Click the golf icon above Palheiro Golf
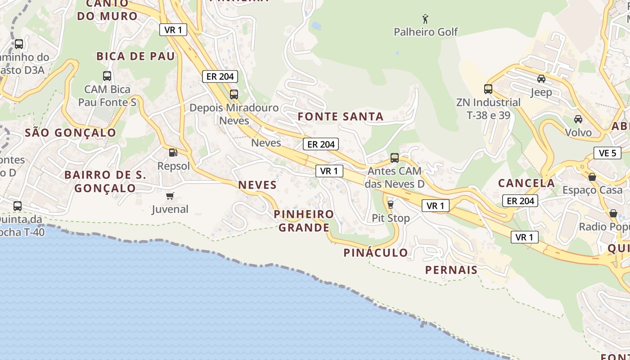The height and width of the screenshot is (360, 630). (x=425, y=19)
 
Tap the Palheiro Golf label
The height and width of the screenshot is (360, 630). (x=426, y=32)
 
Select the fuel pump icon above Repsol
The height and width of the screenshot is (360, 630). (x=173, y=153)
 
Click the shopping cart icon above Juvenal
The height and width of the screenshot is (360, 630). (x=170, y=196)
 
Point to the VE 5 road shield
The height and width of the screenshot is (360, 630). (x=607, y=153)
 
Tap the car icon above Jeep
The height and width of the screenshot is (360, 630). (x=541, y=79)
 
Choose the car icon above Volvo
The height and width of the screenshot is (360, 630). (x=578, y=119)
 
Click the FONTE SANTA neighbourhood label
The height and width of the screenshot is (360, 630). (x=341, y=117)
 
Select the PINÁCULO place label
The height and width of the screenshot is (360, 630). (x=376, y=253)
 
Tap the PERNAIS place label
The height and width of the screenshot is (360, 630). (x=451, y=270)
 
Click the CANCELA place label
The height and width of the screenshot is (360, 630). (x=526, y=183)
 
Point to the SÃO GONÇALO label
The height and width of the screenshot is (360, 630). (x=71, y=133)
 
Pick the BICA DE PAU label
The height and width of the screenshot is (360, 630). (x=135, y=56)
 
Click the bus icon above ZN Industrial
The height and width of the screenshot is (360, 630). (x=488, y=89)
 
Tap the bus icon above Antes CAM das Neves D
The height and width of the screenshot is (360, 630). (x=395, y=158)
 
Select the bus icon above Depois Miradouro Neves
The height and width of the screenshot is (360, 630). (x=234, y=94)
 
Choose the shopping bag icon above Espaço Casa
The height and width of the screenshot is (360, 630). (x=592, y=177)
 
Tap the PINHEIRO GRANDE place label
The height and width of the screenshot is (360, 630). (x=304, y=220)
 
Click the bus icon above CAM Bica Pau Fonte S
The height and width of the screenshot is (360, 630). (x=107, y=76)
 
